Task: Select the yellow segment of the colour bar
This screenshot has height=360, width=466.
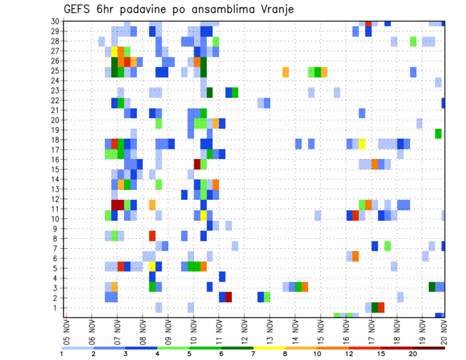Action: tap(269, 348)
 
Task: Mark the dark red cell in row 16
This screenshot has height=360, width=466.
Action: tap(197, 164)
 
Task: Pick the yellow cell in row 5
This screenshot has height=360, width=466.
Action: tap(152, 266)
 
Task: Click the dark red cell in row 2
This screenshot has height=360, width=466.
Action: tap(228, 297)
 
